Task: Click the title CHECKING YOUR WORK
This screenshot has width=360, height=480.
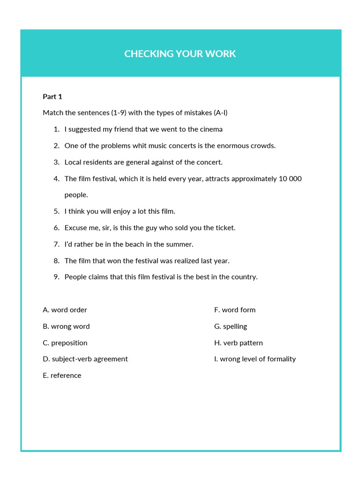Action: [180, 54]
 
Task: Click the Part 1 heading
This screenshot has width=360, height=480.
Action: [52, 97]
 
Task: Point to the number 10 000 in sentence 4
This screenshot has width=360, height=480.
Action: [290, 179]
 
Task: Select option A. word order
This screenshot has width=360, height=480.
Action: [65, 310]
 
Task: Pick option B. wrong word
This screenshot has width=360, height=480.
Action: [66, 326]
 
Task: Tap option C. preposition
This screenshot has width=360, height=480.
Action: [65, 343]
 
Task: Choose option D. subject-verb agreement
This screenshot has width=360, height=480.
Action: [85, 359]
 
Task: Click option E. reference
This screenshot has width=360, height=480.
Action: [62, 375]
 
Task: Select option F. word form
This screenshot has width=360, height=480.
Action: [235, 310]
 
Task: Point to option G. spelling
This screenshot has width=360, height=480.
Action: [231, 326]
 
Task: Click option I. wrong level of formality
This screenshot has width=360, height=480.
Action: [255, 359]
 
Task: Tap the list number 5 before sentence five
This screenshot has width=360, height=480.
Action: [56, 211]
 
